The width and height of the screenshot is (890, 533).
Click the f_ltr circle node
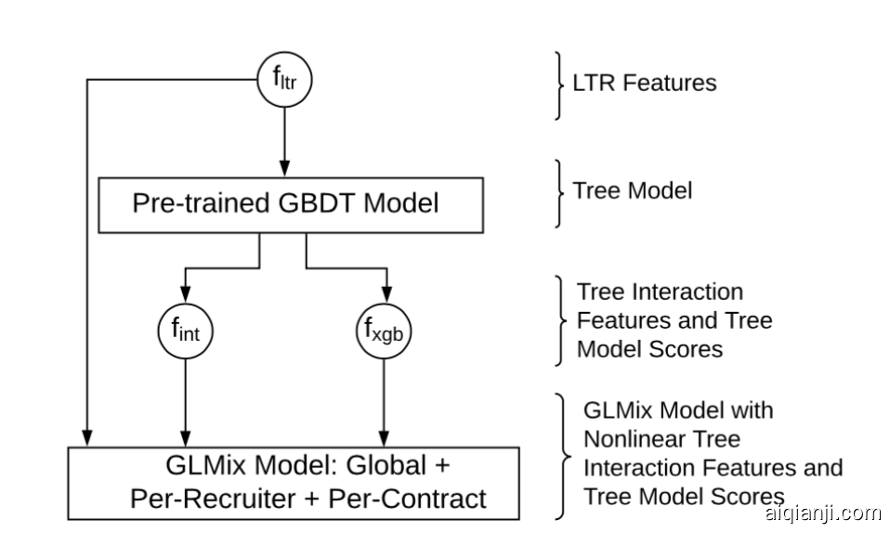coord(284,82)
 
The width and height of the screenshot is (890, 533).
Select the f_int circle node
coord(186,329)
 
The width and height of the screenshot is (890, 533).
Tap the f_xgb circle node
coord(383,329)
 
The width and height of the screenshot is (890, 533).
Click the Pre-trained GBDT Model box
coord(291,203)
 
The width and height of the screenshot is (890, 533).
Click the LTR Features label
coord(644,83)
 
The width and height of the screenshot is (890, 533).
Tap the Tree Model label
coord(633,191)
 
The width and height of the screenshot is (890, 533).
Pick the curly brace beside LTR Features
coord(558,83)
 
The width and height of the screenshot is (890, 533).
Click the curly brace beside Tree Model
coord(558,192)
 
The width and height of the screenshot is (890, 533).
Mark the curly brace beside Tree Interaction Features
coord(558,320)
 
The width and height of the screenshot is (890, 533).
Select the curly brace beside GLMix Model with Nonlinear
coord(560,455)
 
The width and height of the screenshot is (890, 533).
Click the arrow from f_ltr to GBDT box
coord(284,139)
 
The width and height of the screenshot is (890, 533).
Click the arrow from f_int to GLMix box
coord(186,399)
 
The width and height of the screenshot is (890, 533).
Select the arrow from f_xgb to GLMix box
coord(383,399)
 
